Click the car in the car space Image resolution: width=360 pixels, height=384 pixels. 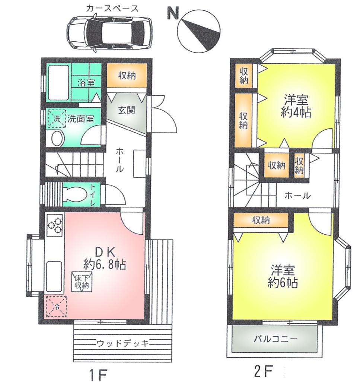pyautogui.click(x=110, y=32)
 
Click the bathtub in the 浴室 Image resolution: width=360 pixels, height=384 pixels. pyautogui.click(x=58, y=82)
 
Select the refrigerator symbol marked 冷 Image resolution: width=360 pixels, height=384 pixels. pyautogui.click(x=56, y=306)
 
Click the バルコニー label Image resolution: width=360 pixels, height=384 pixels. pyautogui.click(x=275, y=339)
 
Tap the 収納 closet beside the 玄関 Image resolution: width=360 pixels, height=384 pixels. pyautogui.click(x=127, y=76)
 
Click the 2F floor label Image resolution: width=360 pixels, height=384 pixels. pyautogui.click(x=265, y=371)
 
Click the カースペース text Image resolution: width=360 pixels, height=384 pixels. pyautogui.click(x=112, y=9)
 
